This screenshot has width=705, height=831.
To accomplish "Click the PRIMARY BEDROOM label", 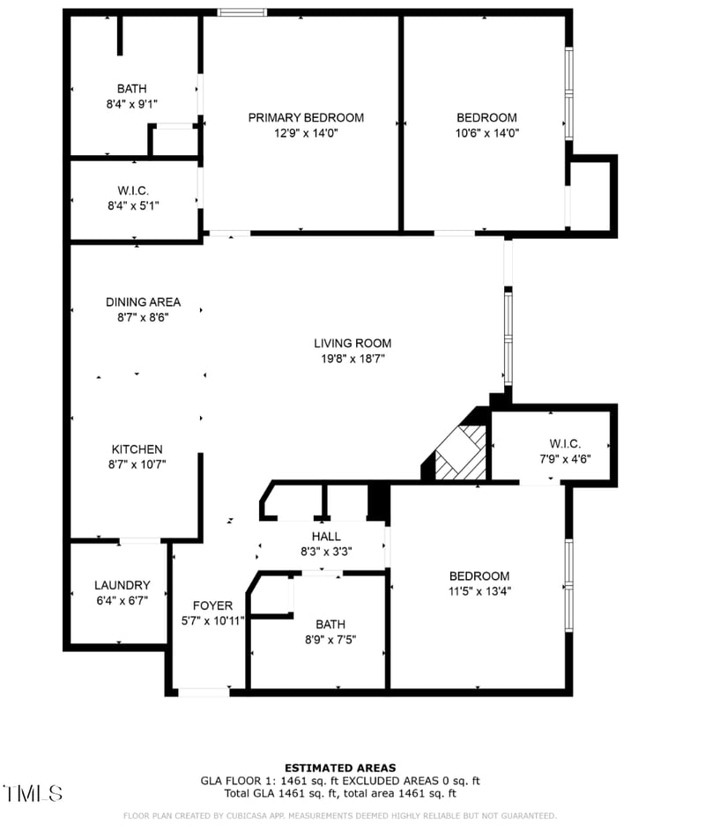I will pyautogui.click(x=305, y=118).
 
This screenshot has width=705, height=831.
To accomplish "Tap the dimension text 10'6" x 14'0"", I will pyautogui.click(x=486, y=134).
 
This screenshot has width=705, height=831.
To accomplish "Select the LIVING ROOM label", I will pyautogui.click(x=352, y=344).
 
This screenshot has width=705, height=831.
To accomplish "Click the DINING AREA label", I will pyautogui.click(x=143, y=302).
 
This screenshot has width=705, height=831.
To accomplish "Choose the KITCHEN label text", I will pyautogui.click(x=136, y=449).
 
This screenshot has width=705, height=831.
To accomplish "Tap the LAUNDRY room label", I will pyautogui.click(x=122, y=585).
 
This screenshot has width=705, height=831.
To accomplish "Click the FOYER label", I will pyautogui.click(x=212, y=605).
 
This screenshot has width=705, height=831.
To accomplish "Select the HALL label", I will pyautogui.click(x=326, y=537).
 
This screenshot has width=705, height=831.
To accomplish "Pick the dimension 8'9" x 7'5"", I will pyautogui.click(x=330, y=640).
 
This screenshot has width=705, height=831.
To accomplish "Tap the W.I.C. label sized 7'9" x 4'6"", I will pyautogui.click(x=565, y=444).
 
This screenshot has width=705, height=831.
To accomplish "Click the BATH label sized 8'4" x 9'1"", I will pyautogui.click(x=131, y=88).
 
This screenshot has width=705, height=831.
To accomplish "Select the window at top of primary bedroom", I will pyautogui.click(x=242, y=12).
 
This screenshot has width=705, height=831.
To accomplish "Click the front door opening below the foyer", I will pyautogui.click(x=204, y=693).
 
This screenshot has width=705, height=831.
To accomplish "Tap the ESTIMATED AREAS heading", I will pyautogui.click(x=339, y=768).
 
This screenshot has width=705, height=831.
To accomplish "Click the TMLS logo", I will pyautogui.click(x=33, y=793).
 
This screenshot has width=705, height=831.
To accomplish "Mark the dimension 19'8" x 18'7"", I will pyautogui.click(x=352, y=359).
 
